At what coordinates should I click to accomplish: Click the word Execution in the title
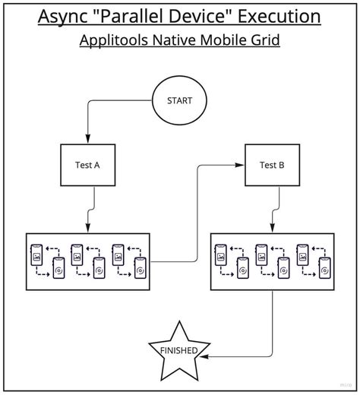click(x=279, y=16)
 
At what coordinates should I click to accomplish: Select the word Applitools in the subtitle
click(x=114, y=40)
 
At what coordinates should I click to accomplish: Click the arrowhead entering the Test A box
click(x=87, y=138)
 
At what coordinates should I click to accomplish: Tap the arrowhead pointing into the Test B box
click(x=239, y=165)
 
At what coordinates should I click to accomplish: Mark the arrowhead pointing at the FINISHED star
click(x=204, y=356)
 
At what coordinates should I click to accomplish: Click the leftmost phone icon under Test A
click(x=36, y=255)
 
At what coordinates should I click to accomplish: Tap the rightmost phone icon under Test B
click(x=325, y=268)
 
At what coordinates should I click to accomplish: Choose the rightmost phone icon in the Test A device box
click(x=141, y=268)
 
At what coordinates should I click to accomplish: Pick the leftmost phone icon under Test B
click(x=221, y=255)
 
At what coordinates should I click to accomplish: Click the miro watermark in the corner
click(x=346, y=385)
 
